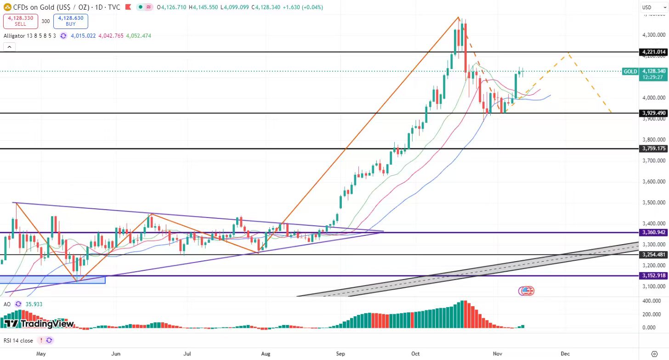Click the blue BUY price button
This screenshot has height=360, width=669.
click(x=71, y=21)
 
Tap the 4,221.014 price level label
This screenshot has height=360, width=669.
click(x=652, y=52)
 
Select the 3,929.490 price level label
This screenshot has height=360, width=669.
click(x=652, y=113)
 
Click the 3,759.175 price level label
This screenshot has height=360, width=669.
click(x=652, y=149)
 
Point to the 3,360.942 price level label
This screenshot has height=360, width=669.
click(x=652, y=233)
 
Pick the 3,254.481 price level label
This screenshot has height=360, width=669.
click(x=652, y=255)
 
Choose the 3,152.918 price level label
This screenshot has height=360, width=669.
click(x=652, y=275)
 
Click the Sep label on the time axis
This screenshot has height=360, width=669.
click(x=340, y=354)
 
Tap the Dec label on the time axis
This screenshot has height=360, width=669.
click(x=565, y=354)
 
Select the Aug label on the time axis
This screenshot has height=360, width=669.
click(x=265, y=354)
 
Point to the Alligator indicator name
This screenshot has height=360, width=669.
click(x=17, y=36)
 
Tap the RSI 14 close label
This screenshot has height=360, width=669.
click(x=18, y=341)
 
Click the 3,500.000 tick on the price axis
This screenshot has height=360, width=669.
click(x=653, y=203)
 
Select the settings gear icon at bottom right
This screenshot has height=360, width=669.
click(x=655, y=354)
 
